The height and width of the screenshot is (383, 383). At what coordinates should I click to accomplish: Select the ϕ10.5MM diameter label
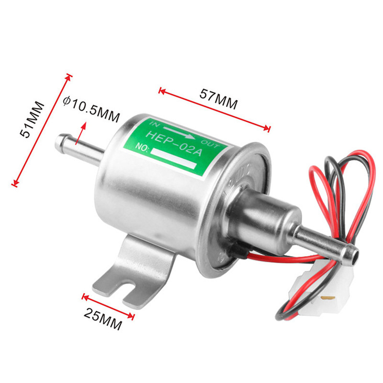point(91,108)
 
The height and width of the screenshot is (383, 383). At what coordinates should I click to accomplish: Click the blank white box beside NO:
point(175,158)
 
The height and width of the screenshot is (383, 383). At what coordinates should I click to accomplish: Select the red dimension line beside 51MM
point(42,129)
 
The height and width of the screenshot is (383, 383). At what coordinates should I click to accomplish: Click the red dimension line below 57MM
point(214,108)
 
